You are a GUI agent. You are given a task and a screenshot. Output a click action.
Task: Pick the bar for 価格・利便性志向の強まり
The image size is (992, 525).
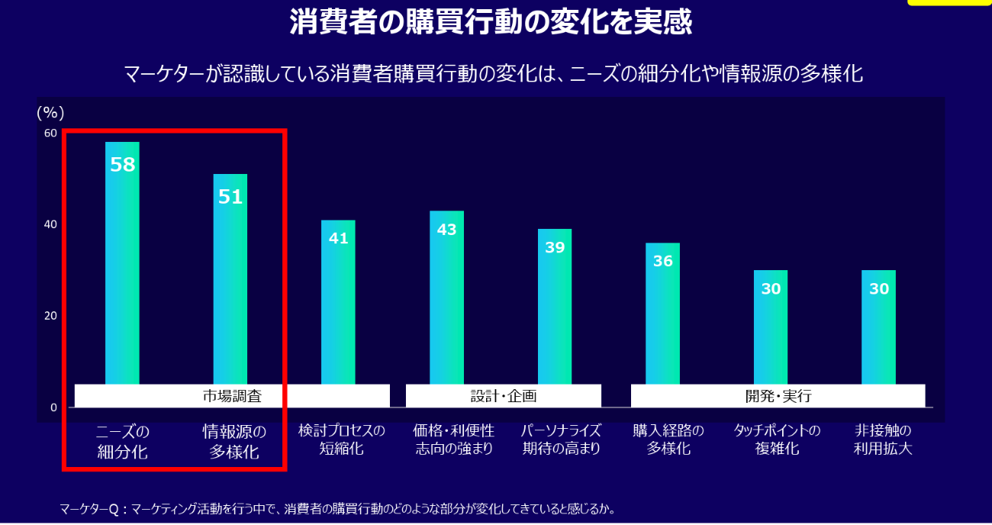point(446,297)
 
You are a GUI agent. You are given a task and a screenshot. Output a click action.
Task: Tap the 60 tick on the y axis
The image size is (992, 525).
point(50,133)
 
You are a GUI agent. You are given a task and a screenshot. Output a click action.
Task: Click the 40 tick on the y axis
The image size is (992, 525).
point(50,224)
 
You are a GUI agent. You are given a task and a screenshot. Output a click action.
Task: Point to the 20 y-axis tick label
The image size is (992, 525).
point(50,316)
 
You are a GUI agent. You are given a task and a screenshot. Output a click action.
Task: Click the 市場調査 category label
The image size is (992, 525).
point(232,396)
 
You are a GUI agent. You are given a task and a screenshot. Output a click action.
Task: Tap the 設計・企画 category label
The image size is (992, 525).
point(504,396)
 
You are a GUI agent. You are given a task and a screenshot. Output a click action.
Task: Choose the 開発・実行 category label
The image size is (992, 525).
point(778,396)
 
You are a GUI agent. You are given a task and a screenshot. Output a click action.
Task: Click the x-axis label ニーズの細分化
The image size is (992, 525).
point(122,441)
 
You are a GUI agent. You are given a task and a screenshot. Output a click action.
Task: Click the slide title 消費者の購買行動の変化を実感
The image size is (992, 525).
point(491,22)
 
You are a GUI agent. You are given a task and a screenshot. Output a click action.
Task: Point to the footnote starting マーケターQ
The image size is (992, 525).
point(337,508)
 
